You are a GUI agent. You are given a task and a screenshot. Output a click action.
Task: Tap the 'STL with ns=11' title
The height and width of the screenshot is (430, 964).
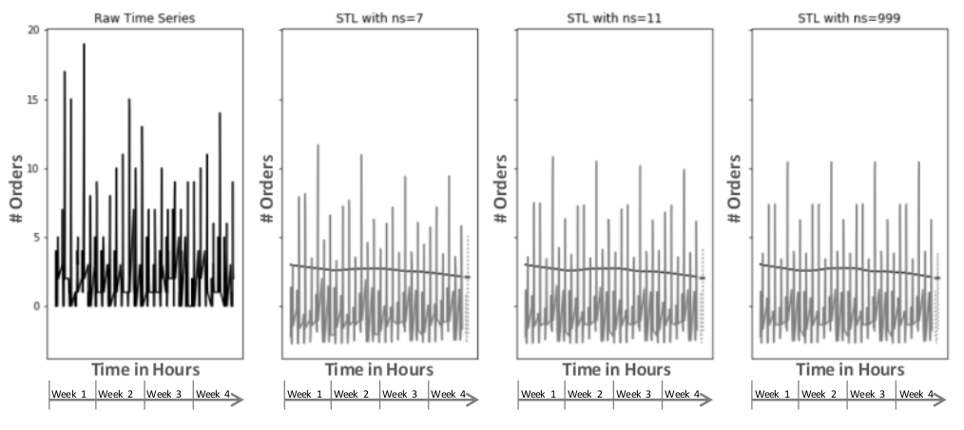(612, 17)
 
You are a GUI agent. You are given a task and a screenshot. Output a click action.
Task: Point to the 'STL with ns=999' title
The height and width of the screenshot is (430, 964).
(847, 17)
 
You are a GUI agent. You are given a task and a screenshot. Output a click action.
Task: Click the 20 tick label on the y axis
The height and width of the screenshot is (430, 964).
(33, 30)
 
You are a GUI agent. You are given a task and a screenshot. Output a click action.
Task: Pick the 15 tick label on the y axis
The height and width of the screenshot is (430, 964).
(33, 100)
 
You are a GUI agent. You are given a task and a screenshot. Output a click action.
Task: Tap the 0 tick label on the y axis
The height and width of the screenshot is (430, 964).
(36, 306)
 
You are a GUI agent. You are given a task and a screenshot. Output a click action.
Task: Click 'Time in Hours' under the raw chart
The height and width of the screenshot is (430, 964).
(145, 369)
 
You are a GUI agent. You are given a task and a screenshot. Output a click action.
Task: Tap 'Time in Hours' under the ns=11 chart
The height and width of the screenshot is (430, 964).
(615, 369)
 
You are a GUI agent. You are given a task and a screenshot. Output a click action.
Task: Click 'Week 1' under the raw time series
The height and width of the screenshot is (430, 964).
(71, 394)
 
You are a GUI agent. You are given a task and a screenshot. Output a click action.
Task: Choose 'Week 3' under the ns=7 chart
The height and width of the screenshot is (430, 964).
(401, 394)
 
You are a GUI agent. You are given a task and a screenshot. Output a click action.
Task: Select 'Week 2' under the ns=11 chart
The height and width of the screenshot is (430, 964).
(588, 394)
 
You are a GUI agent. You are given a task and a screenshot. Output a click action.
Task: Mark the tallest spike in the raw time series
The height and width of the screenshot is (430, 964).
(84, 45)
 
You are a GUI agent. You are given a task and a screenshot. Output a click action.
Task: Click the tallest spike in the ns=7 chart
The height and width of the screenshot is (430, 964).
(318, 146)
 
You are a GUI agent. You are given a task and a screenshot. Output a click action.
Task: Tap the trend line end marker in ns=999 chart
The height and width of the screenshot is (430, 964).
(937, 278)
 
